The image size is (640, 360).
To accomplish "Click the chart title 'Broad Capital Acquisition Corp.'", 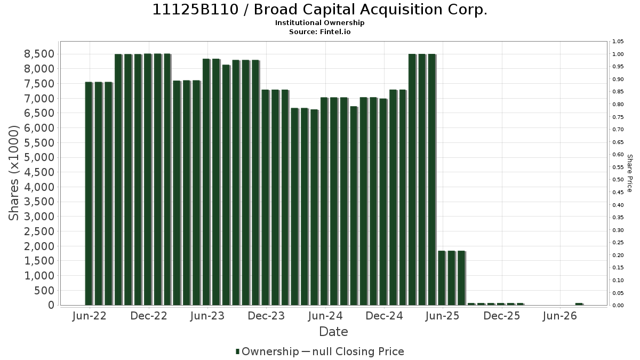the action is (x=370, y=10).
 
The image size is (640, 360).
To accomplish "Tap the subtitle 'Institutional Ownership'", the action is (x=319, y=23).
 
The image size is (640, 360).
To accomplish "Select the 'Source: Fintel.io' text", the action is (x=319, y=31).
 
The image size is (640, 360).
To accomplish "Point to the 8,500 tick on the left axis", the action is (x=39, y=54).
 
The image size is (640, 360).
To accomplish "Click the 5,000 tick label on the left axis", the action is (x=39, y=157).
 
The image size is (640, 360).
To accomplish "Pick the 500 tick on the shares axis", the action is (x=45, y=291).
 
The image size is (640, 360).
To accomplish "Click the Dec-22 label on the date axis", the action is (x=149, y=316).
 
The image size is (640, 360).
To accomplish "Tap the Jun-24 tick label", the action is (x=325, y=316).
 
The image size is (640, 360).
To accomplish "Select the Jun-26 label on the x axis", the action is (x=560, y=316).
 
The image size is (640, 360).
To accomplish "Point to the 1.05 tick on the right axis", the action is (x=618, y=42).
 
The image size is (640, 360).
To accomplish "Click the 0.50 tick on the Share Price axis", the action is (x=618, y=180).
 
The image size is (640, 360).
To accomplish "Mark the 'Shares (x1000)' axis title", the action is (x=13, y=173).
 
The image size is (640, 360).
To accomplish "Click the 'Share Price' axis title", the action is (x=630, y=173).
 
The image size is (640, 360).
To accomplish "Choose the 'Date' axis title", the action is (x=333, y=332).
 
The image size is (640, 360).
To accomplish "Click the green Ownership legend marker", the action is (x=237, y=351).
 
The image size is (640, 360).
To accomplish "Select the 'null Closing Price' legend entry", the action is (x=358, y=351).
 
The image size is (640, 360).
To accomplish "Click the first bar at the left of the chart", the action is (x=89, y=194).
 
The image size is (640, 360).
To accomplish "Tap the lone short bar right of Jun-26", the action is (x=579, y=304).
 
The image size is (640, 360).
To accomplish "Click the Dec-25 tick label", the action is (x=502, y=316).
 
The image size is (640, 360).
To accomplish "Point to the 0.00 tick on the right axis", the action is (x=618, y=306).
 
